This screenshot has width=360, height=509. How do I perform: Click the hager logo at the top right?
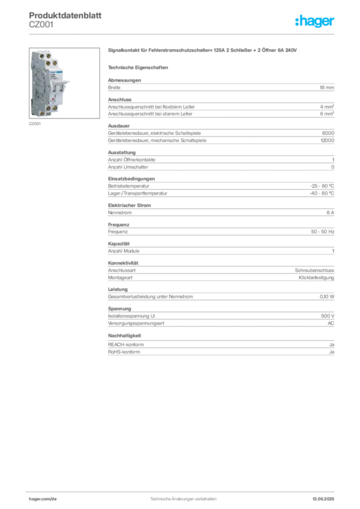pyautogui.click(x=314, y=21)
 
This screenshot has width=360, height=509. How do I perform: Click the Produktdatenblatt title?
pyautogui.click(x=65, y=15)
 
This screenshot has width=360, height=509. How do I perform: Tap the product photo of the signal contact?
pyautogui.click(x=64, y=83)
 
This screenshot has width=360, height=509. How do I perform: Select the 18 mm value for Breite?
pyautogui.click(x=327, y=87)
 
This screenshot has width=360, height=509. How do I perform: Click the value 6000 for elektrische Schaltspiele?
pyautogui.click(x=328, y=133)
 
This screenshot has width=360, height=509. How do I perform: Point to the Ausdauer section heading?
pyautogui.click(x=119, y=126)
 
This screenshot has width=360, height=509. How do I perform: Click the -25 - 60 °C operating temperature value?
pyautogui.click(x=322, y=186)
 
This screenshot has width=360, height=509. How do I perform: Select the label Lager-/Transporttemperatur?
pyautogui.click(x=138, y=193)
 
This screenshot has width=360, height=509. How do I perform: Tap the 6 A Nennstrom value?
pyautogui.click(x=330, y=213)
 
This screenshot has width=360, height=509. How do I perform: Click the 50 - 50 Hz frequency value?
pyautogui.click(x=322, y=232)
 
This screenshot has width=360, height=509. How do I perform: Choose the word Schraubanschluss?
pyautogui.click(x=314, y=270)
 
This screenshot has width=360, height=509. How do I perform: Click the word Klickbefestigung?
pyautogui.click(x=316, y=278)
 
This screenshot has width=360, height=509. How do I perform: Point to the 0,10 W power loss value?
pyautogui.click(x=327, y=297)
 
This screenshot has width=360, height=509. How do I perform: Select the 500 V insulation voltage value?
pyautogui.click(x=328, y=316)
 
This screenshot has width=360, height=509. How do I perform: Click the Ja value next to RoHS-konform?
pyautogui.click(x=332, y=352)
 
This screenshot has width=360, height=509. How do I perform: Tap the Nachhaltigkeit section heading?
pyautogui.click(x=124, y=336)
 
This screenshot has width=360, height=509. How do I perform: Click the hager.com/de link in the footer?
pyautogui.click(x=43, y=499)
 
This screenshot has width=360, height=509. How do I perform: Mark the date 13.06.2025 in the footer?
pyautogui.click(x=323, y=499)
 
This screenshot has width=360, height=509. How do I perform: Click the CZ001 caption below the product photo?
pyautogui.click(x=35, y=124)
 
